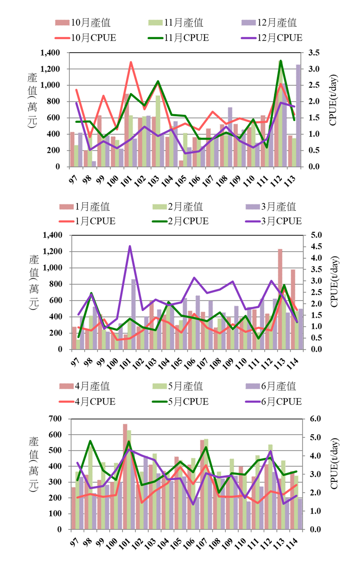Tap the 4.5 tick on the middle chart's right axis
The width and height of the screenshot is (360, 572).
[316, 247]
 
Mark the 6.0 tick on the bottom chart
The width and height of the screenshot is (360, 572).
[316, 419]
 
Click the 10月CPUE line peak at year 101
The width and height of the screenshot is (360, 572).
[131, 63]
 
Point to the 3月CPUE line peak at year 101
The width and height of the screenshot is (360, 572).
[130, 247]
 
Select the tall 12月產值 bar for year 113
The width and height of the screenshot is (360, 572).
[298, 116]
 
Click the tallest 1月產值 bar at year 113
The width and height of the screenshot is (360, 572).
[280, 299]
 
